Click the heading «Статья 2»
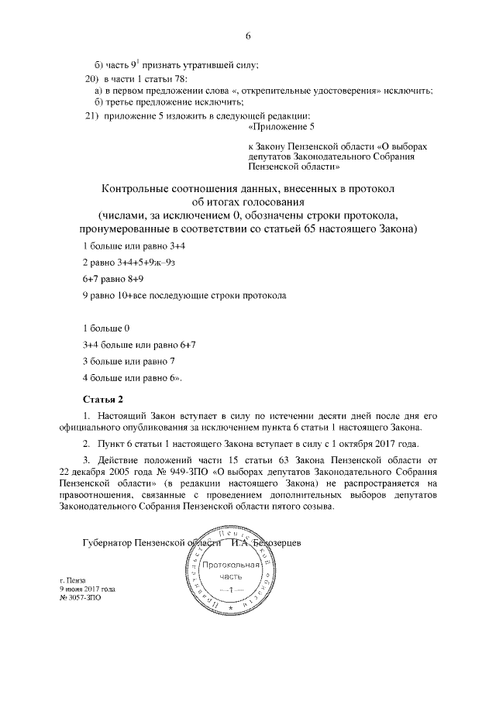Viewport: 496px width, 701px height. [103, 399]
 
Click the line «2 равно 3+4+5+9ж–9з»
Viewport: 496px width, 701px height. [126, 262]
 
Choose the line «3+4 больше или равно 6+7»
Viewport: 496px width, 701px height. [139, 345]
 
